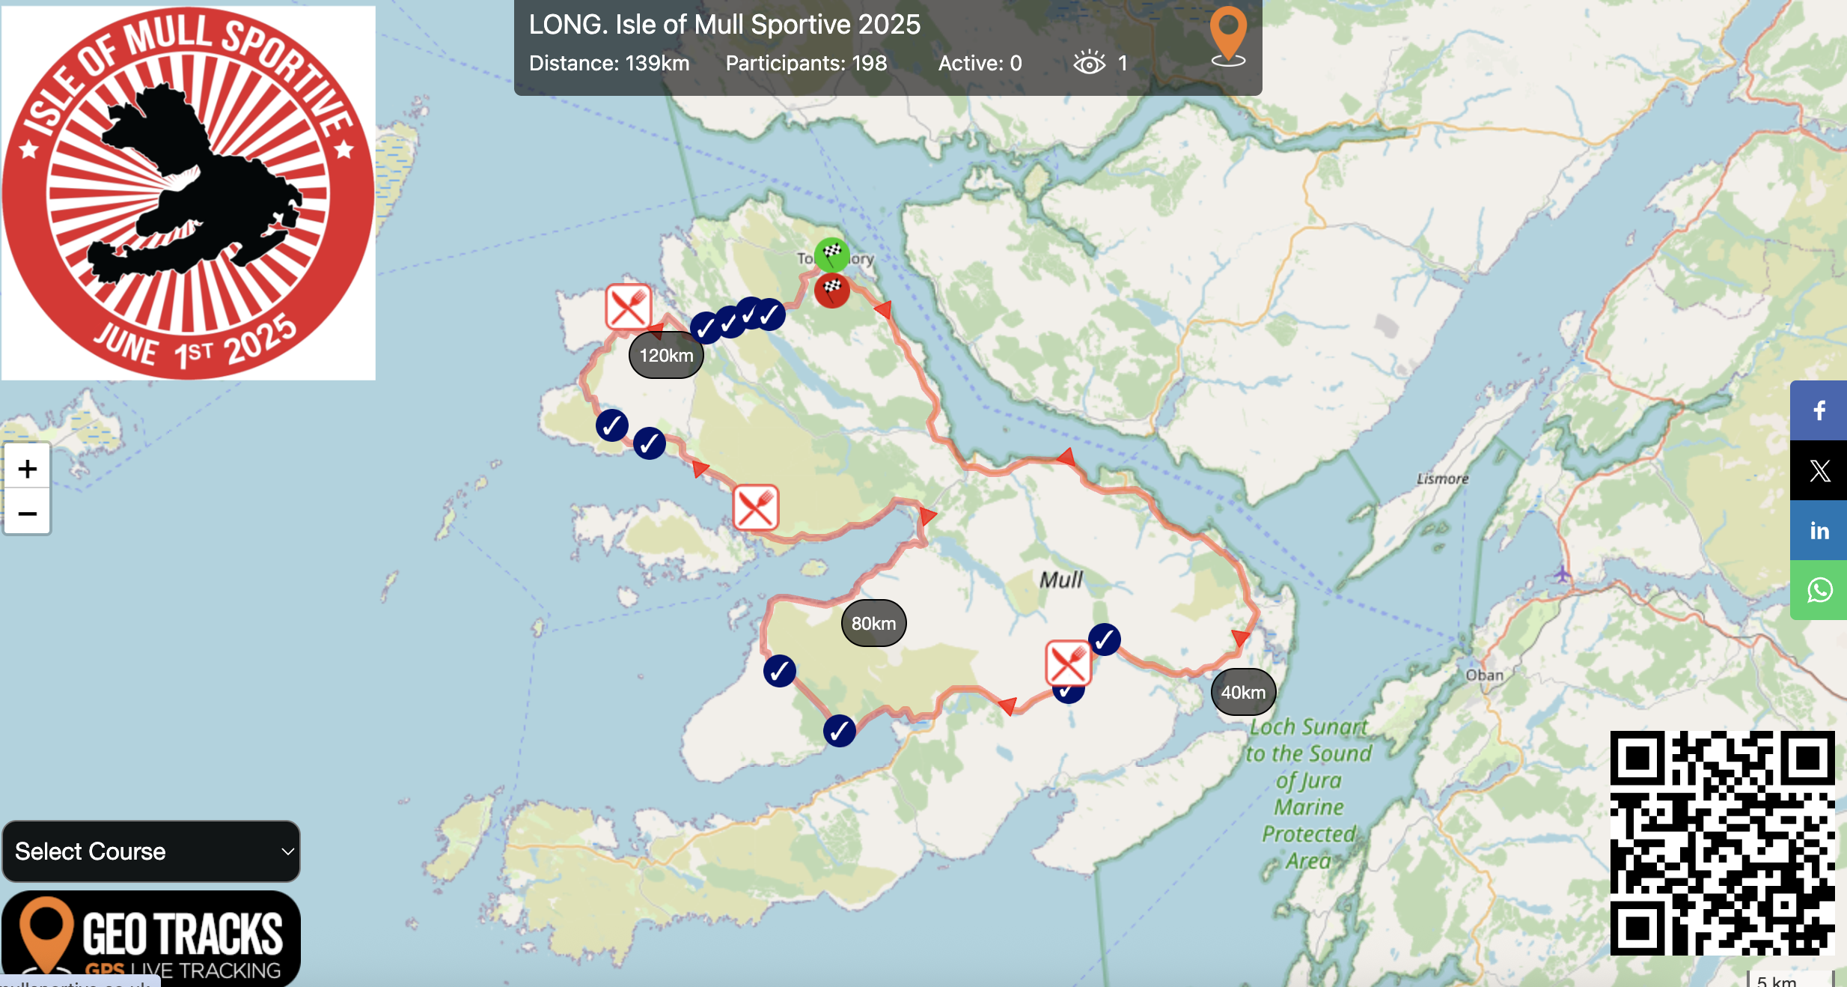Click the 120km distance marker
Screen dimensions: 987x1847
666,355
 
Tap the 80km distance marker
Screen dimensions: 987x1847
873,623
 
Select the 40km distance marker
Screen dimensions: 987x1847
1243,692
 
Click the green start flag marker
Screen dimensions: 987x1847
831,255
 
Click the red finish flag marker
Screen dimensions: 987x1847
831,290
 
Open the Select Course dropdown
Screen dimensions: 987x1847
151,851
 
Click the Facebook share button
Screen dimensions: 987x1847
1819,410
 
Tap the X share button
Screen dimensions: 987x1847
1819,470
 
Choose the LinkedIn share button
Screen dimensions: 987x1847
1819,530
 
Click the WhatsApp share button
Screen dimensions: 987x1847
1819,590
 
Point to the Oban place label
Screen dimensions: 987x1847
1484,675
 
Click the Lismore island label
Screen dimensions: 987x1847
1442,479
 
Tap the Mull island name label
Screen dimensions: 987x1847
1060,579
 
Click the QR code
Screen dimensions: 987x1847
1722,842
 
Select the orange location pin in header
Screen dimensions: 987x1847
1228,34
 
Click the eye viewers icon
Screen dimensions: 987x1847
1089,63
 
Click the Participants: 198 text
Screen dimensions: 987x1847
806,63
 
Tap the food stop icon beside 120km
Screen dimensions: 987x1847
628,306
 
